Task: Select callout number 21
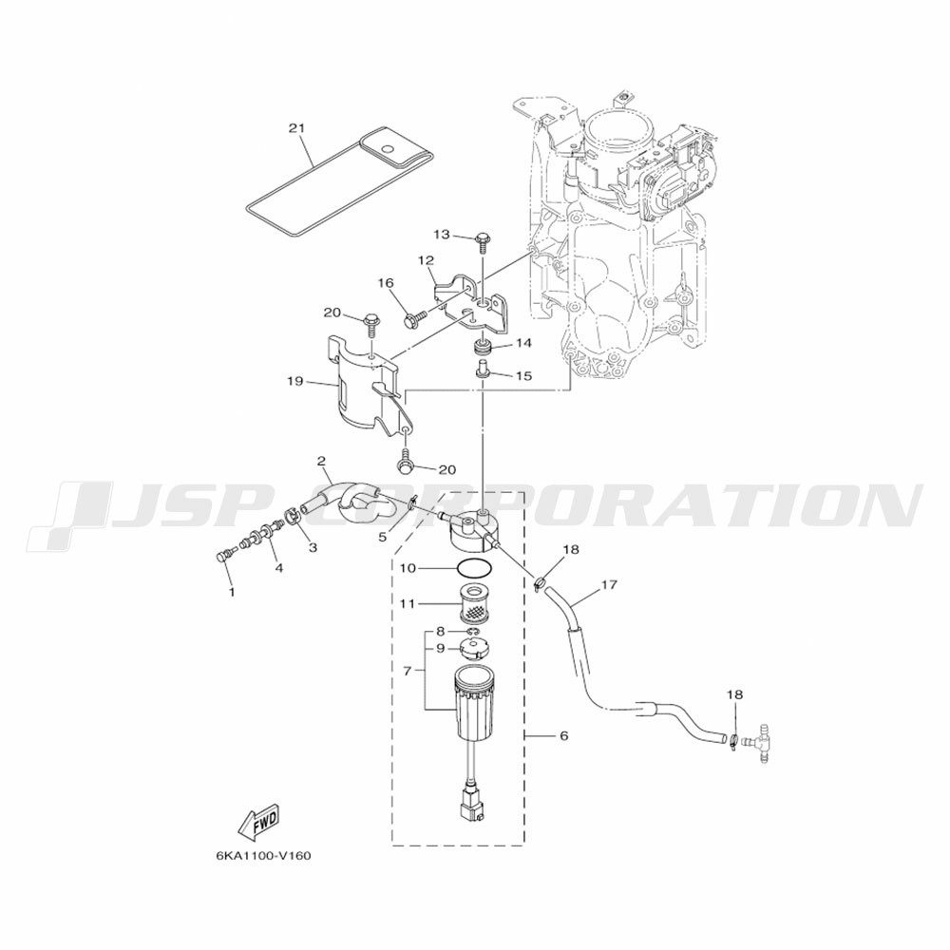coord(296,128)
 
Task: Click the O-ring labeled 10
coord(474,569)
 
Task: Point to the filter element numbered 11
coord(474,603)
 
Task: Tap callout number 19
coord(295,382)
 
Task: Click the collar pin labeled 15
coord(483,370)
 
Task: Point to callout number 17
coord(609,584)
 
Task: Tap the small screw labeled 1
coord(223,556)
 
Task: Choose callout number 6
coord(563,735)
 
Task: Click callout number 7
coord(408,671)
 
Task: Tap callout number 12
coord(426,260)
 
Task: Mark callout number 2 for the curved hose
coord(322,462)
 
